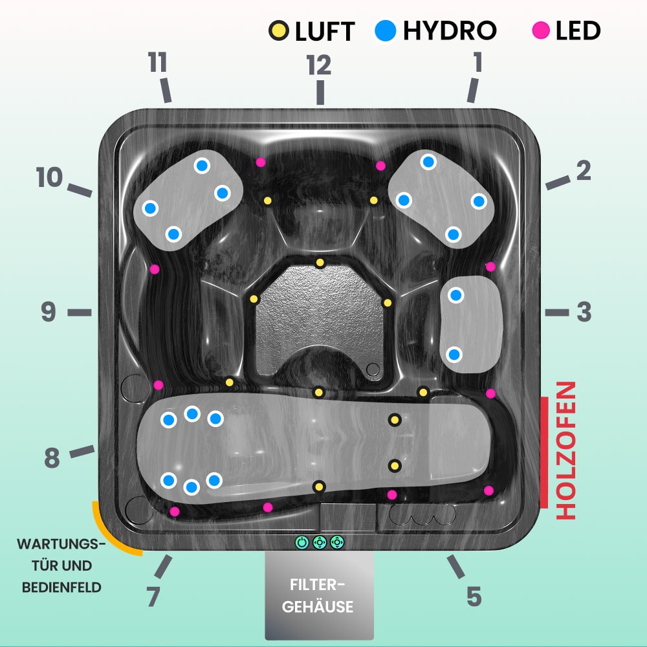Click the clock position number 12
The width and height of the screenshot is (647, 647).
point(319,65)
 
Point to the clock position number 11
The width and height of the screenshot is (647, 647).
point(157,63)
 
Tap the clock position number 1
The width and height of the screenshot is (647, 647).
point(477,63)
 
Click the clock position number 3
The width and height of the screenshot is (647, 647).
point(584,313)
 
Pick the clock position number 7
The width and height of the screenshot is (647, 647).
point(153,597)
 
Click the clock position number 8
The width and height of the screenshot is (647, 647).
point(52,459)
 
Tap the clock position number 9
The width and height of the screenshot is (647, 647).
point(49,313)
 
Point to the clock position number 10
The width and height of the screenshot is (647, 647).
point(49,178)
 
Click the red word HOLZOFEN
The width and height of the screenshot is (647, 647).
point(566,450)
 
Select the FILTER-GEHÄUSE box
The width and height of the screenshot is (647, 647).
point(320,595)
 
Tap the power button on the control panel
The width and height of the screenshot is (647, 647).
point(302,543)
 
